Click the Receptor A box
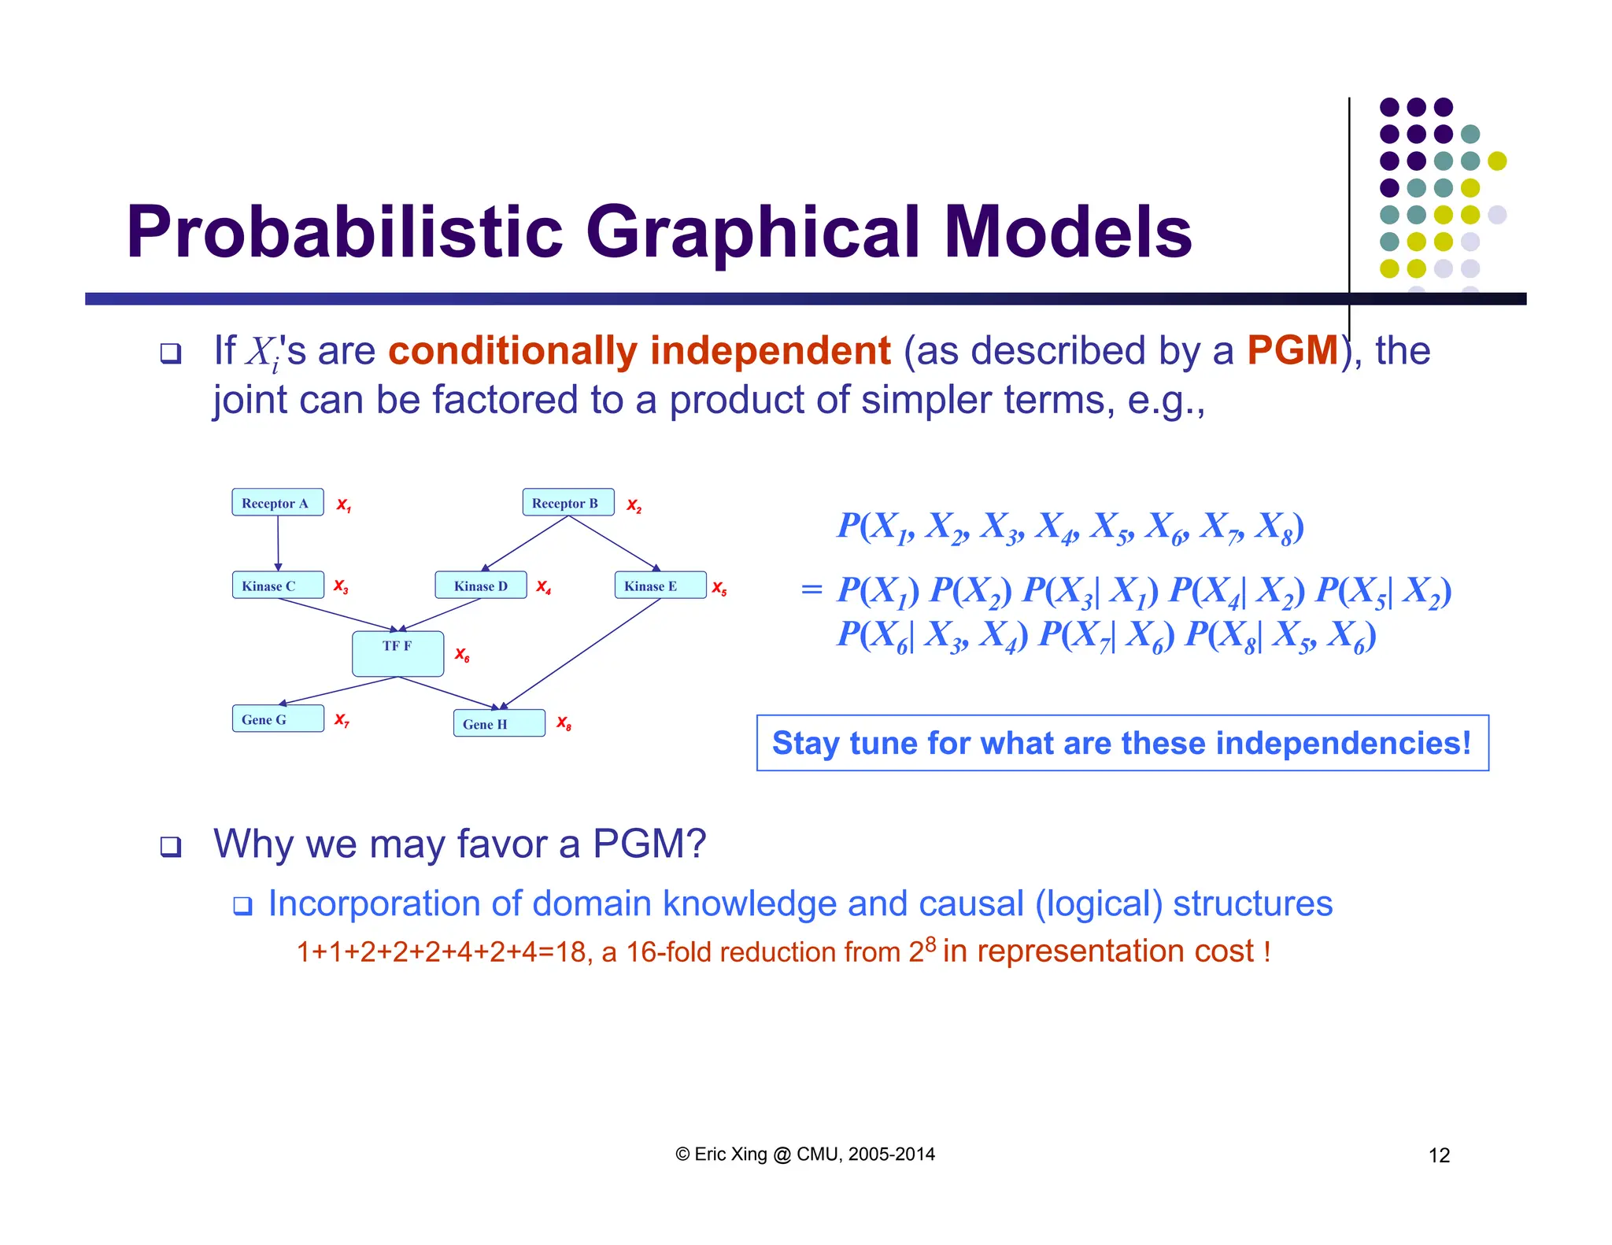(x=277, y=503)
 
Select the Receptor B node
(x=568, y=503)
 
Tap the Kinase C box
(x=277, y=586)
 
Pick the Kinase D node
(x=480, y=586)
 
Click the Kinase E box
(x=660, y=586)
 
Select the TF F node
(x=397, y=653)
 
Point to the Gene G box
(x=277, y=719)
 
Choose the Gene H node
(x=498, y=723)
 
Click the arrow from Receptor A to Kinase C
(x=278, y=543)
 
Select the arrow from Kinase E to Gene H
(x=582, y=652)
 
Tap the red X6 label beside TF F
(x=462, y=655)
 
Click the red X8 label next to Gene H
(x=564, y=722)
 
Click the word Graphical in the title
(x=752, y=232)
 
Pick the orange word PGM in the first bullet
(x=1292, y=350)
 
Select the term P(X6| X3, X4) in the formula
(x=932, y=635)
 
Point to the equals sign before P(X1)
(x=812, y=589)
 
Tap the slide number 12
(x=1439, y=1155)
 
